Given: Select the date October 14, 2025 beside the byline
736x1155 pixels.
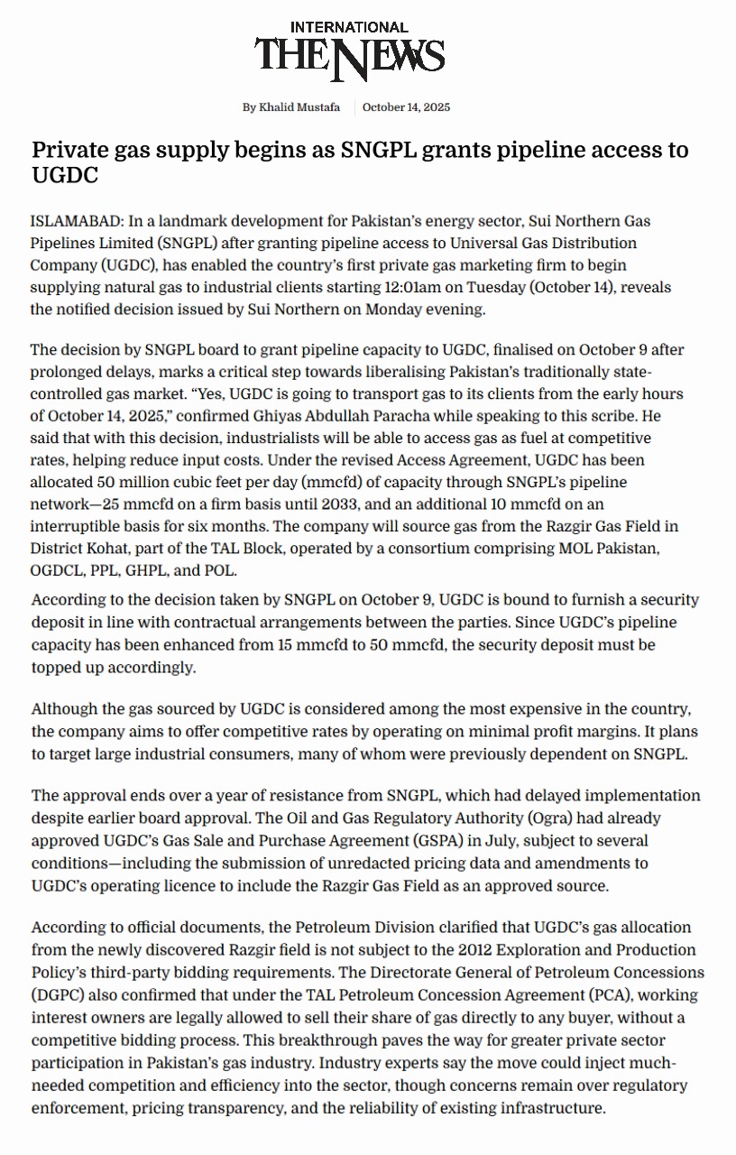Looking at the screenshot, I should click(406, 107).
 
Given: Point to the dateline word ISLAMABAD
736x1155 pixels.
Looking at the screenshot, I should click(76, 221).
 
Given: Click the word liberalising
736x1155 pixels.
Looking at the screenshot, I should click(343, 372).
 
